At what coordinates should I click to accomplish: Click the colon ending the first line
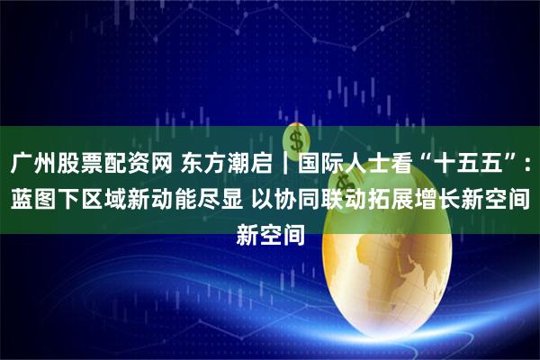point(527,166)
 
